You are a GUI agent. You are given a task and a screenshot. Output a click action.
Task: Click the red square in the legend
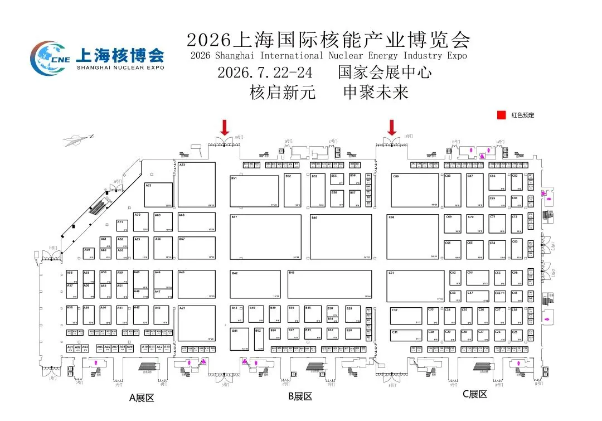click(x=501, y=115)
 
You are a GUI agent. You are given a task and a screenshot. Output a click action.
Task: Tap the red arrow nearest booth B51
click(x=225, y=128)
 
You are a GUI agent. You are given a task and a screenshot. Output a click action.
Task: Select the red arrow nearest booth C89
click(x=392, y=128)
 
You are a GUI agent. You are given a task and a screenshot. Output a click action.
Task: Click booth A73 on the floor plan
click(x=196, y=185)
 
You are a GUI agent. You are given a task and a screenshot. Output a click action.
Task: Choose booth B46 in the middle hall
click(x=341, y=237)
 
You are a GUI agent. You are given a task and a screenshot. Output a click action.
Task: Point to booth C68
click(x=413, y=237)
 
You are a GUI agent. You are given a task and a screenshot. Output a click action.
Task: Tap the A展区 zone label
click(x=141, y=398)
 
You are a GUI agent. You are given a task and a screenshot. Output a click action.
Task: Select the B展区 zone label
click(x=300, y=396)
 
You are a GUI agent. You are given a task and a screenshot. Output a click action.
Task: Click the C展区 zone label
click(x=475, y=394)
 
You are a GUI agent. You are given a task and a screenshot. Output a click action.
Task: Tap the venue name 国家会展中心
click(x=385, y=73)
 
